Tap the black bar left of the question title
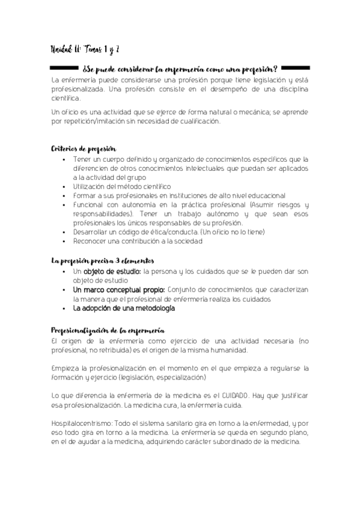tap(63, 66)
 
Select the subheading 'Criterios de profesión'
tap(83, 149)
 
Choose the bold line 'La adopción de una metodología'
tap(124, 308)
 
